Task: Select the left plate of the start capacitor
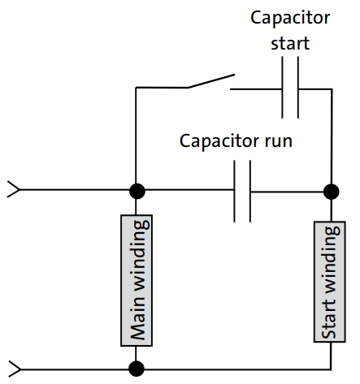[282, 88]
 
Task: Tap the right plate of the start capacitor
[298, 88]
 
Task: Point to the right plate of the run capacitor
[250, 192]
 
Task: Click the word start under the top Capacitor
[289, 42]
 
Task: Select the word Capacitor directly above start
[289, 17]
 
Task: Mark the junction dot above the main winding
[137, 192]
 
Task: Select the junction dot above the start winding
[331, 192]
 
